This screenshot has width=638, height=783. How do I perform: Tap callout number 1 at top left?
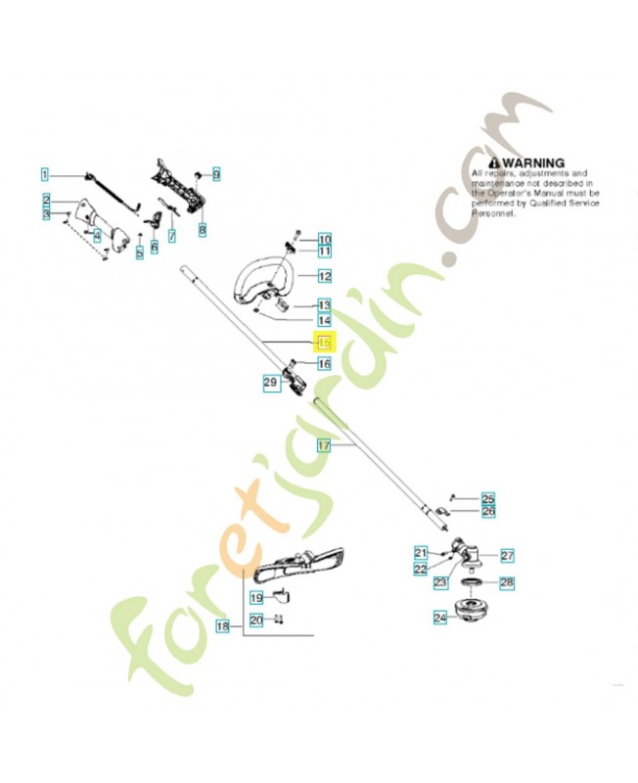click(44, 174)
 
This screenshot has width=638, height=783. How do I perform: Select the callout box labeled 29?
click(271, 384)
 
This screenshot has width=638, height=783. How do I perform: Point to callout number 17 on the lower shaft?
click(324, 445)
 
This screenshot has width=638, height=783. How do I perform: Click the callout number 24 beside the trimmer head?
click(439, 618)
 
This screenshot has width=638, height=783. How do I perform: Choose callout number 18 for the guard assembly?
click(222, 625)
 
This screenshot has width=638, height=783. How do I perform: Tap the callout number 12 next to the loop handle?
click(324, 276)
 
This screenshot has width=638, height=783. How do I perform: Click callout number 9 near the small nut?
click(215, 174)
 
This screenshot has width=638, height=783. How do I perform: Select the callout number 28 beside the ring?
click(506, 582)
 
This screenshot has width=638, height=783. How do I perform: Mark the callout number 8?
click(203, 230)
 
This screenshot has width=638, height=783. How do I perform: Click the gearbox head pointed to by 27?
click(461, 552)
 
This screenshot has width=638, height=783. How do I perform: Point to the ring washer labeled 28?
click(472, 584)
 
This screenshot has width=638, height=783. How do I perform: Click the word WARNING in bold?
click(533, 162)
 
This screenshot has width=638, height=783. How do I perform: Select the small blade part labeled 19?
click(281, 595)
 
